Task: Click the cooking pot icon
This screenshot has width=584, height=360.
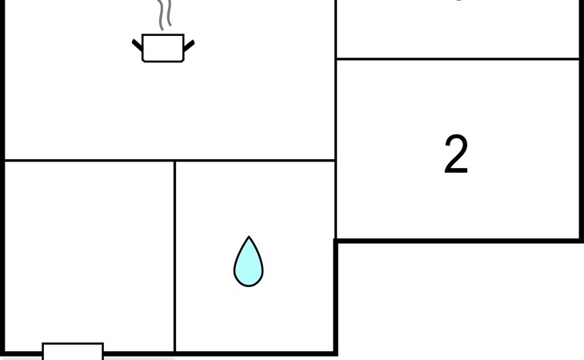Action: pos(163,48)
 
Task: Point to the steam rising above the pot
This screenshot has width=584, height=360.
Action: pos(164,14)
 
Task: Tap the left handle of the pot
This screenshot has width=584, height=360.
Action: pos(138,46)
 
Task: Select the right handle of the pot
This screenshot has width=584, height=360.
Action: pos(189,46)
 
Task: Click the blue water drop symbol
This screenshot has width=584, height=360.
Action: pos(248,262)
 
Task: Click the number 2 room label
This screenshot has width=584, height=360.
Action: pos(456,155)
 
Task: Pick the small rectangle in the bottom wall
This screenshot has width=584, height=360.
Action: pos(73,351)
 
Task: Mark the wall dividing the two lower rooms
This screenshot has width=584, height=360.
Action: pos(175,256)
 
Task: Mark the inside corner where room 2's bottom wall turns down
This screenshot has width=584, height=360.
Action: pos(336,240)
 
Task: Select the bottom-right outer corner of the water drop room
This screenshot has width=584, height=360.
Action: pos(335,353)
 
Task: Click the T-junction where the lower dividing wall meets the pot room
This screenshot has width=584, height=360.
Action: pos(175,160)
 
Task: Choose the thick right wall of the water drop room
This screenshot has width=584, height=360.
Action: pos(335,296)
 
